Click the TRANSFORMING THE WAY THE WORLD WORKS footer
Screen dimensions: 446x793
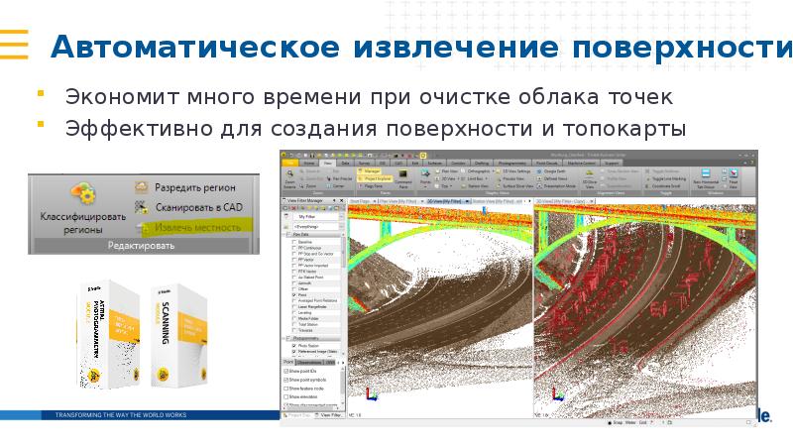pos(121,414)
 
